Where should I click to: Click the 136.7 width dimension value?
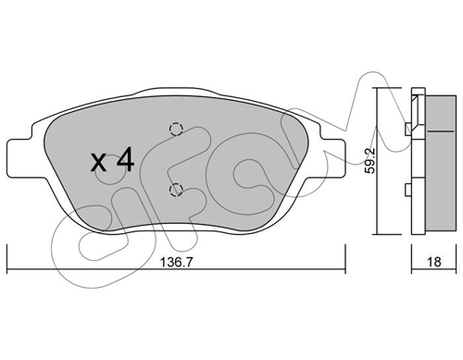coord(177,262)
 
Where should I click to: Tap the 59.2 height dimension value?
coord(369,160)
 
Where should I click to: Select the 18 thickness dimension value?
coord(434,262)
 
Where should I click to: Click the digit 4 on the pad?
coord(125,159)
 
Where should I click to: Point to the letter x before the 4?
coord(99,163)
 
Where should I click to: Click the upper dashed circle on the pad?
coord(176,129)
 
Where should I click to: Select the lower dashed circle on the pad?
coord(176,190)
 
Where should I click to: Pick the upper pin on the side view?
coord(408,129)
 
